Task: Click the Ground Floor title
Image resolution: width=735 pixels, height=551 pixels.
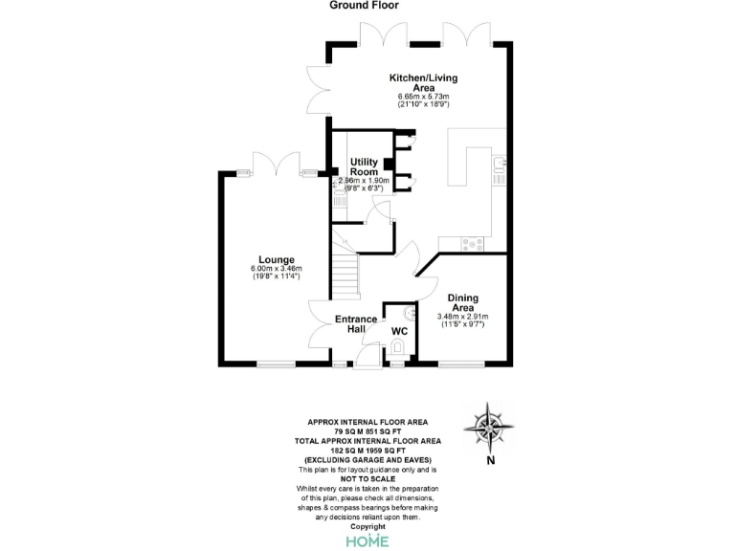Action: [365, 6]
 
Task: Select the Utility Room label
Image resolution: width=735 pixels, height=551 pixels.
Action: [365, 166]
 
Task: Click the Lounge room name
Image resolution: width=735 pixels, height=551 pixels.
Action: [276, 259]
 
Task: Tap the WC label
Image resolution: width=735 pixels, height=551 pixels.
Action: [399, 331]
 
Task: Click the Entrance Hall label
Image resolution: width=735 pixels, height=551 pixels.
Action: [356, 324]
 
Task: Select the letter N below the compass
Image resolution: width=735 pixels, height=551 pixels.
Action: [490, 460]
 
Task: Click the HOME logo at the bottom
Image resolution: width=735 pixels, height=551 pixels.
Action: [367, 540]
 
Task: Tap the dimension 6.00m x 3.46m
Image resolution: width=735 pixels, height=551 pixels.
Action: [276, 269]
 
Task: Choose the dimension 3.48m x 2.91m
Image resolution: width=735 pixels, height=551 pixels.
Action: [463, 317]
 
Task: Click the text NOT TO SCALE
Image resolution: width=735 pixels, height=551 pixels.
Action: [367, 479]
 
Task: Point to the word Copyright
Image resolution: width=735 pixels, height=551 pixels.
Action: [367, 526]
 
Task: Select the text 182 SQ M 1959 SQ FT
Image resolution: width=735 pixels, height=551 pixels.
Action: [367, 451]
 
